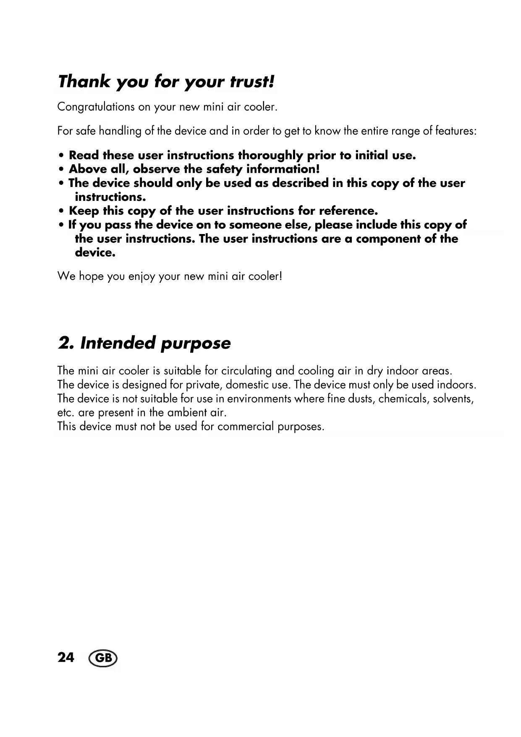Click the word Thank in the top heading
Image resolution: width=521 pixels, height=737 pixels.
pos(84,82)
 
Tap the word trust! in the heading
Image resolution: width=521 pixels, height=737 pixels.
pos(252,82)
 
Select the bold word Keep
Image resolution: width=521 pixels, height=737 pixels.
pos(84,211)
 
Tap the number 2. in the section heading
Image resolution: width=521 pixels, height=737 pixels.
pos(66,343)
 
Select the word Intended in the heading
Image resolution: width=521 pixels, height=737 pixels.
pos(118,343)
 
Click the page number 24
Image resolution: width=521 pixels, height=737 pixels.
pos(66,657)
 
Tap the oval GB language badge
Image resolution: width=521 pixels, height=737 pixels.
pos(103,658)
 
